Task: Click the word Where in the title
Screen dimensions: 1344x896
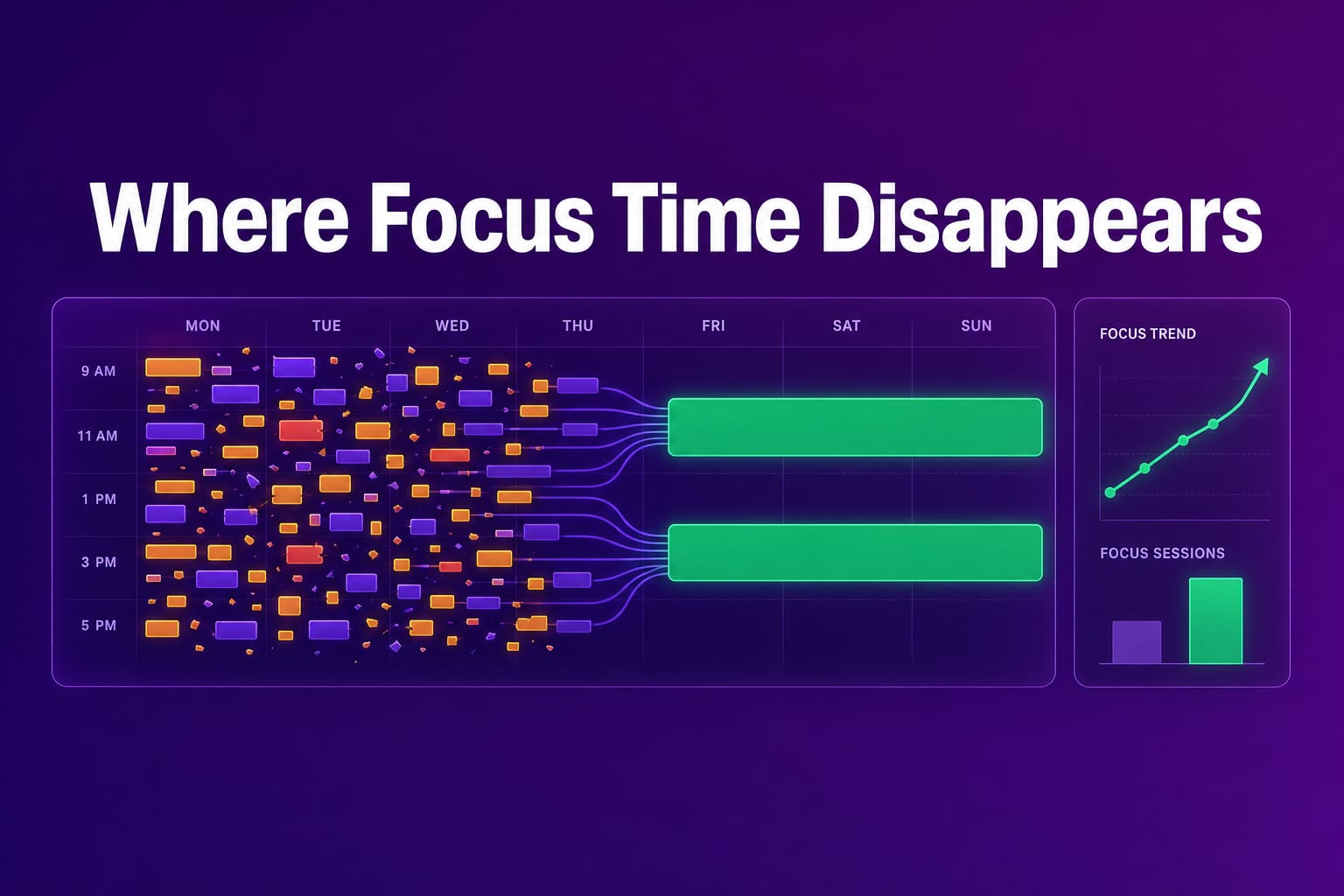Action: pos(219,217)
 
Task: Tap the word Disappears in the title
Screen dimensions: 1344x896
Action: pos(1041,222)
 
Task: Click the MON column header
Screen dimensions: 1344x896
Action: pos(203,325)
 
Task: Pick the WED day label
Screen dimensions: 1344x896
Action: pos(452,325)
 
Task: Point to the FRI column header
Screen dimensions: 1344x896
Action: pos(713,325)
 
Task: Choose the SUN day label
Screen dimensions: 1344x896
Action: pos(976,325)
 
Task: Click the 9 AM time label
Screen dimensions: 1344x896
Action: pos(98,371)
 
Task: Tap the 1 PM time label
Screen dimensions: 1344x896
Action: pos(99,499)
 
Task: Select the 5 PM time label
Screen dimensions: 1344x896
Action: pos(99,626)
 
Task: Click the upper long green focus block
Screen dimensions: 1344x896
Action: pos(855,427)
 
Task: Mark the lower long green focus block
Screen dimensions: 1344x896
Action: pos(855,553)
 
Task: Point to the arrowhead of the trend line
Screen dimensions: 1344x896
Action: pos(1262,366)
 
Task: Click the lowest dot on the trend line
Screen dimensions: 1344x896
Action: pos(1110,493)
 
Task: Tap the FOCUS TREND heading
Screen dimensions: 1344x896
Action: pos(1148,333)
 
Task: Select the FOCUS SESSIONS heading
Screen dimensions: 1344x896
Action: pos(1162,553)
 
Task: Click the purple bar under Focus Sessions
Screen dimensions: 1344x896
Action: pos(1137,642)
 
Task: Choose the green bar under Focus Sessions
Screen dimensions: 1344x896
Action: pos(1215,620)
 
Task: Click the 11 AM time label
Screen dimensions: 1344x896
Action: pos(97,436)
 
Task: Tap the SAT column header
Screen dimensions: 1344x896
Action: pos(847,325)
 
